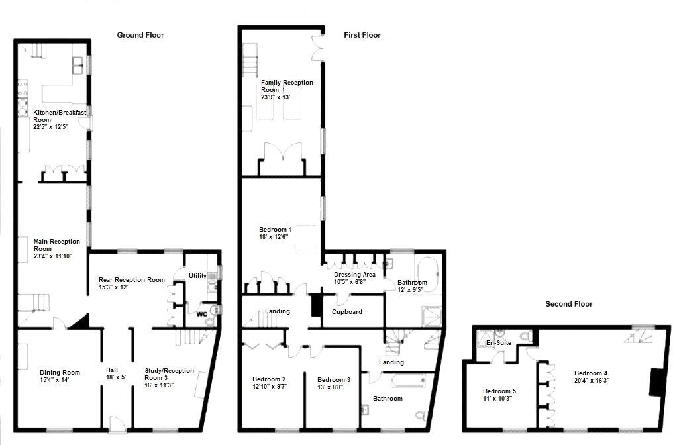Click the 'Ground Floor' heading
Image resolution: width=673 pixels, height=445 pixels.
pos(140,35)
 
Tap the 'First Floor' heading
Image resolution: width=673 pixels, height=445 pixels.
pos(362,35)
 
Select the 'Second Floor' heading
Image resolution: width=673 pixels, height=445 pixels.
pos(568,304)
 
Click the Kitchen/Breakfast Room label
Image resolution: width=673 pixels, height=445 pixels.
pos(60,116)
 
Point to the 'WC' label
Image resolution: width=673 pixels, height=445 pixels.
pos(201,314)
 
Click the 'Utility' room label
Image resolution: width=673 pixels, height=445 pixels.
pos(197,275)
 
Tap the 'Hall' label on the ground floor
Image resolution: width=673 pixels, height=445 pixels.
pos(113,371)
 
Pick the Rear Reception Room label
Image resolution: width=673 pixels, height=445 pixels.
pos(131,279)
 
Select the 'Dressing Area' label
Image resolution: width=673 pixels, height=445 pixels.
pos(354,274)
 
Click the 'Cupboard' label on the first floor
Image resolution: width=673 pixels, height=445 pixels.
pos(346,311)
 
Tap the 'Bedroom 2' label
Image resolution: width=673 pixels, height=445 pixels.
pos(269,379)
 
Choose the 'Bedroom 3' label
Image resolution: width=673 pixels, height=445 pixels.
pos(333,379)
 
